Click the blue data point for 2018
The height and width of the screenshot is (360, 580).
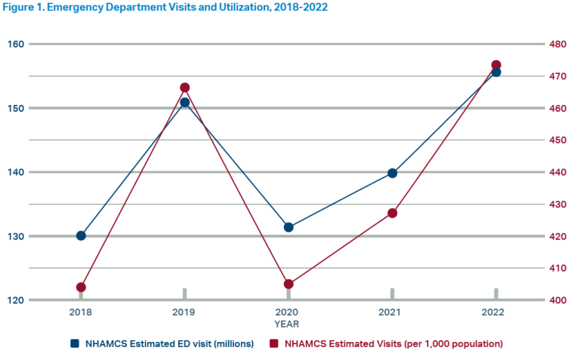[81, 235]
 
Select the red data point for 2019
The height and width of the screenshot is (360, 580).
[184, 88]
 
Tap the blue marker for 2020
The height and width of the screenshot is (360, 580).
[288, 227]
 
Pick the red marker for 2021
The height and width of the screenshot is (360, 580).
[392, 213]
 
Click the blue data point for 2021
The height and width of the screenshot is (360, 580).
[392, 173]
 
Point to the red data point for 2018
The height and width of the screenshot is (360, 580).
[81, 287]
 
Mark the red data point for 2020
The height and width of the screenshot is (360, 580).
[288, 284]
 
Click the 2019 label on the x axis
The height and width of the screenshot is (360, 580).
[184, 312]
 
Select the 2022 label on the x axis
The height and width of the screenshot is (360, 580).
[496, 312]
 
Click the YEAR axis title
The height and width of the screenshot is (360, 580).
[287, 324]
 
